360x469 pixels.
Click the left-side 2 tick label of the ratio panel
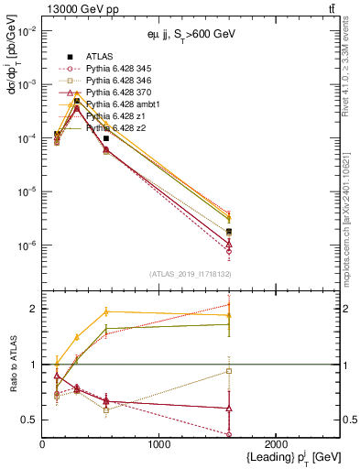point(35,309)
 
